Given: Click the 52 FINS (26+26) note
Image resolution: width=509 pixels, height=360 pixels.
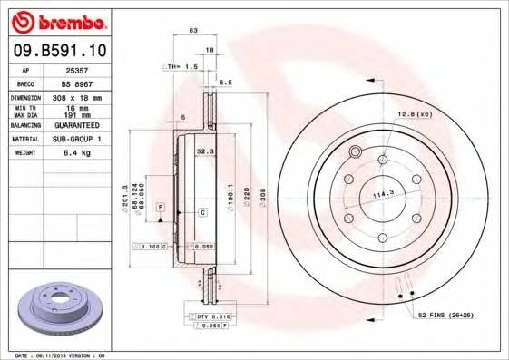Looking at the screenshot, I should click(x=446, y=314).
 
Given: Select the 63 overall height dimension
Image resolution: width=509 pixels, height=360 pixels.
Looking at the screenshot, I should click(x=192, y=31).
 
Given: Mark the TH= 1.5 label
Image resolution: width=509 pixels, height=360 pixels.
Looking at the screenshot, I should click(x=180, y=66).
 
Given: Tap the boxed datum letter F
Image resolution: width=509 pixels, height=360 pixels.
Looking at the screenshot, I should click(x=160, y=208).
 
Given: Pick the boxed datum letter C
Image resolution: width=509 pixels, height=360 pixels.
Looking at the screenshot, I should click(x=203, y=211).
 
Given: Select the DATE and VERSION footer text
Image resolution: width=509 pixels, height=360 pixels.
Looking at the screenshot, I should click(x=61, y=355).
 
